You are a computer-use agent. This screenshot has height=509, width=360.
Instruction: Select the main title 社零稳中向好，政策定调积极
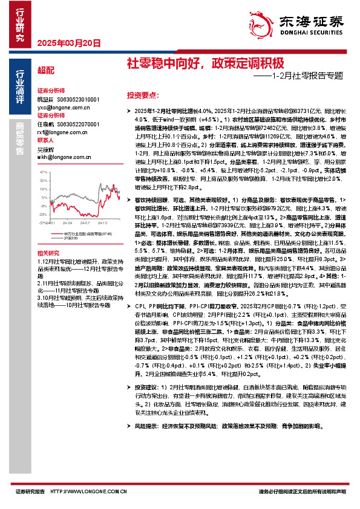click(205, 63)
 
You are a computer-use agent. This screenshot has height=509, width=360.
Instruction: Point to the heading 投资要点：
click(143, 96)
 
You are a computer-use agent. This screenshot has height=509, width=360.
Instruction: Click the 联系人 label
click(46, 140)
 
